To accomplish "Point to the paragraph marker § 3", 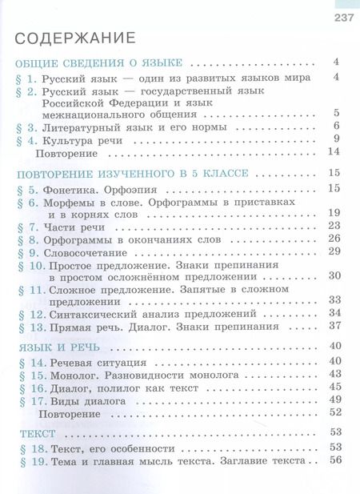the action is (26, 127).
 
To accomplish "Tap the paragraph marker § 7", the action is (26, 227).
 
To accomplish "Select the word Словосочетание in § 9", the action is (88, 251).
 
